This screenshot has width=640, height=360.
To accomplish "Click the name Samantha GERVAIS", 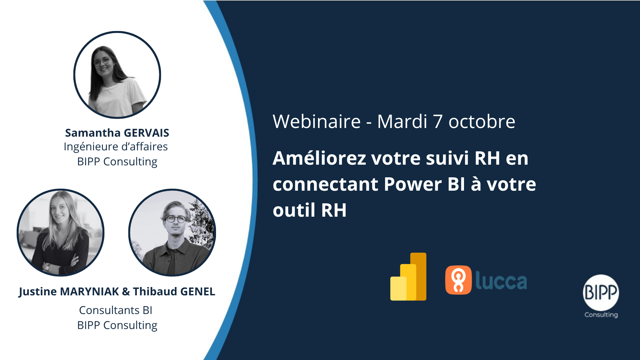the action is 117,133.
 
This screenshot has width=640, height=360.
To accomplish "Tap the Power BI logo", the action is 408,277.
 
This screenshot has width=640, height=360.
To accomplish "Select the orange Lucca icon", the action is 458,280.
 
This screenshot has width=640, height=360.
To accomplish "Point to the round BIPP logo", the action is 601,293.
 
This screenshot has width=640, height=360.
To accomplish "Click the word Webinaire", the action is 317,121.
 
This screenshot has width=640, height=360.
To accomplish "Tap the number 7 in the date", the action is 438,122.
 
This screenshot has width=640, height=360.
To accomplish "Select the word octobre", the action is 482,122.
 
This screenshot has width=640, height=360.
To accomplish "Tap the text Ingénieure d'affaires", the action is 116,147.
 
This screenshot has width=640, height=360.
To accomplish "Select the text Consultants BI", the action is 116,310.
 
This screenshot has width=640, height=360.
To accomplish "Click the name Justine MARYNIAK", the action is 69,292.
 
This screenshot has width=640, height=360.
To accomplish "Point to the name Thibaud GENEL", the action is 174,292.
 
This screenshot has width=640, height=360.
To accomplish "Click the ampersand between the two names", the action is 126,292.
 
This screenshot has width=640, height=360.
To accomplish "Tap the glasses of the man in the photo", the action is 176,219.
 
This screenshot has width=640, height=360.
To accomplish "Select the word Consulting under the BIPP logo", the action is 601,315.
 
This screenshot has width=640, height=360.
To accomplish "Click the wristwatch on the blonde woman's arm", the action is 48,267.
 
